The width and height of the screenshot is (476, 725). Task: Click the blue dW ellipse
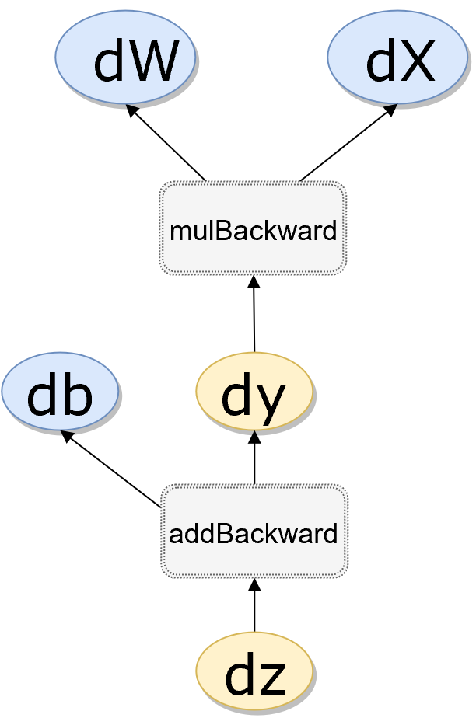pos(124,57)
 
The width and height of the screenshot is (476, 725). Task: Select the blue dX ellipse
pos(397,57)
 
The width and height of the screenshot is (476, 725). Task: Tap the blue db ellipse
pos(60,392)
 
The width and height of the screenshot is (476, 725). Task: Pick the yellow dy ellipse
pos(254,392)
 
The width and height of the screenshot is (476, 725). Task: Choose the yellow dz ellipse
pos(254,671)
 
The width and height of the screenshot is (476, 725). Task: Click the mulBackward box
pos(253,228)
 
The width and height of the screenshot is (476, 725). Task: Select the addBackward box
pos(254,532)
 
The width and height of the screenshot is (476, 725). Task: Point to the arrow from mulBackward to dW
pos(167,144)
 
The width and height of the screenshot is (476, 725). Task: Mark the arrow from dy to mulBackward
pos(254,315)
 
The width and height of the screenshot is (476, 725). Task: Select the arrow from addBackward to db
pos(113,470)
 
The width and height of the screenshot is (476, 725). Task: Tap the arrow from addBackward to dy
pos(254,458)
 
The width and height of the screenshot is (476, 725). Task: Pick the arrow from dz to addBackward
pos(254,606)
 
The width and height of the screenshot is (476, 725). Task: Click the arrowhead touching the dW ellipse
pos(132,110)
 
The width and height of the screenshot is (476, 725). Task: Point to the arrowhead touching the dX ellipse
pos(391,109)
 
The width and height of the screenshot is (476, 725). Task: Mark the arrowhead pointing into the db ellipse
pos(67,436)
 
